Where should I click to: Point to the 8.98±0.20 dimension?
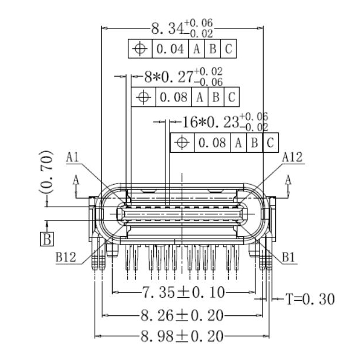click(x=182, y=336)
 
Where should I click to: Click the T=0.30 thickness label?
click(x=310, y=299)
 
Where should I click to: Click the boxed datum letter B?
click(x=47, y=239)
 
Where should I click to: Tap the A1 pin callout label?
click(x=73, y=157)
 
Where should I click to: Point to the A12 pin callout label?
click(x=292, y=157)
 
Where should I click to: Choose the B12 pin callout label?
click(x=67, y=258)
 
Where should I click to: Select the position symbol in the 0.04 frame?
click(x=140, y=49)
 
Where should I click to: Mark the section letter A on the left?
click(x=76, y=181)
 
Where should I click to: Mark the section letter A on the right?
click(x=287, y=181)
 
